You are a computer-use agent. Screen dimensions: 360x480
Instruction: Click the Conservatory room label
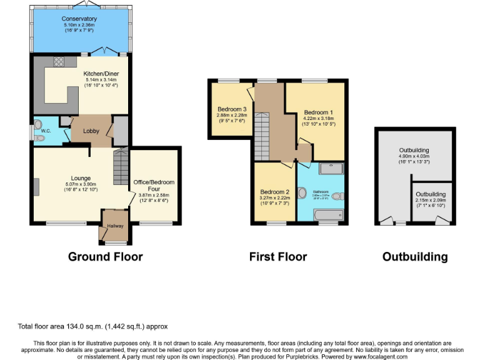tap(79, 19)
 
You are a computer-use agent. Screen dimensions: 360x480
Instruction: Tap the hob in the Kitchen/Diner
tap(61, 61)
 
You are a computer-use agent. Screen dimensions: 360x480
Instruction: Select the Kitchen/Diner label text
tap(101, 74)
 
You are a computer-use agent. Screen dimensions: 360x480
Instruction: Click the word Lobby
tap(92, 131)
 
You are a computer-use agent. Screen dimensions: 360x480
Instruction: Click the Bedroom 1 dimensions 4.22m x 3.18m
tap(318, 118)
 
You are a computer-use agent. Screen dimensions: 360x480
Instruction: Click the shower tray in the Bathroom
tap(331, 169)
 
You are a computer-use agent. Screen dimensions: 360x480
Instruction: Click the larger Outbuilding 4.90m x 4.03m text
tap(414, 156)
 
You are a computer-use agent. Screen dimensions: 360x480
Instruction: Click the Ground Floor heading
tap(105, 257)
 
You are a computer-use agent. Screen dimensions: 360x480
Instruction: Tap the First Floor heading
tap(277, 257)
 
